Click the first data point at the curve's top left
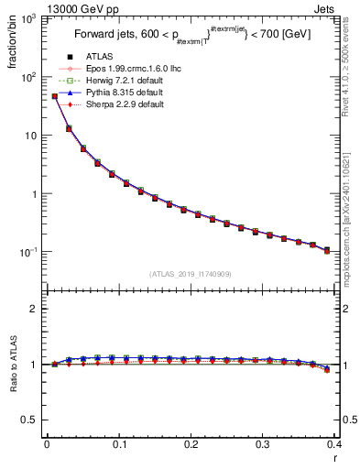tap(54, 95)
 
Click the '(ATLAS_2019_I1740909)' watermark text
tap(191, 273)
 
